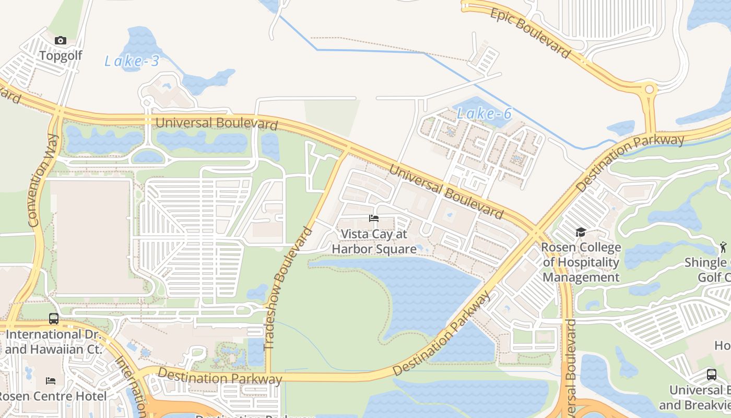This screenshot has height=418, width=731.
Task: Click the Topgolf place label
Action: [x=61, y=55]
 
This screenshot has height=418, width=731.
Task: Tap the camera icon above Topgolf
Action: [x=61, y=41]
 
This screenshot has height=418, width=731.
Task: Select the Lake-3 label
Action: [x=132, y=61]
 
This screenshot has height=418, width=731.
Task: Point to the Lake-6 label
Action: [x=484, y=113]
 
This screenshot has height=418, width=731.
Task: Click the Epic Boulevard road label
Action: [x=530, y=33]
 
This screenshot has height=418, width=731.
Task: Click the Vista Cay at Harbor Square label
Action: [x=374, y=241]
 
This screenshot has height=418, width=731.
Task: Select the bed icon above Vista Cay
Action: [x=374, y=218]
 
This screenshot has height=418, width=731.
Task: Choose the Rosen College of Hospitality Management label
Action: [x=581, y=262]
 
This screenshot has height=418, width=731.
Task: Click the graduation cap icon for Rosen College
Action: [x=581, y=233]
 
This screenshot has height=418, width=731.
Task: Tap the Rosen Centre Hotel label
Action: [x=54, y=396]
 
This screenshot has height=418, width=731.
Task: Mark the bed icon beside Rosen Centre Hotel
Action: [x=51, y=381]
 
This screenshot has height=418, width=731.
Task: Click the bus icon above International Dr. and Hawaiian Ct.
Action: [x=54, y=318]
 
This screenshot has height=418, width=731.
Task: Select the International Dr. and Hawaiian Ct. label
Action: [x=54, y=341]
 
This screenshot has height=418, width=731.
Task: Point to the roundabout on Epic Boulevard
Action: [x=650, y=90]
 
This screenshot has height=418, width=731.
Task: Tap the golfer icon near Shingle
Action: [x=723, y=247]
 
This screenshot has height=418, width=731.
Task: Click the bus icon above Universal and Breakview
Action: [x=711, y=374]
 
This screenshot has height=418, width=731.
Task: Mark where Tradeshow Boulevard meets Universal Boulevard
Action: [x=346, y=151]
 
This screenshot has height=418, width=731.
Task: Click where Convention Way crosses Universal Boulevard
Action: [x=58, y=111]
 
